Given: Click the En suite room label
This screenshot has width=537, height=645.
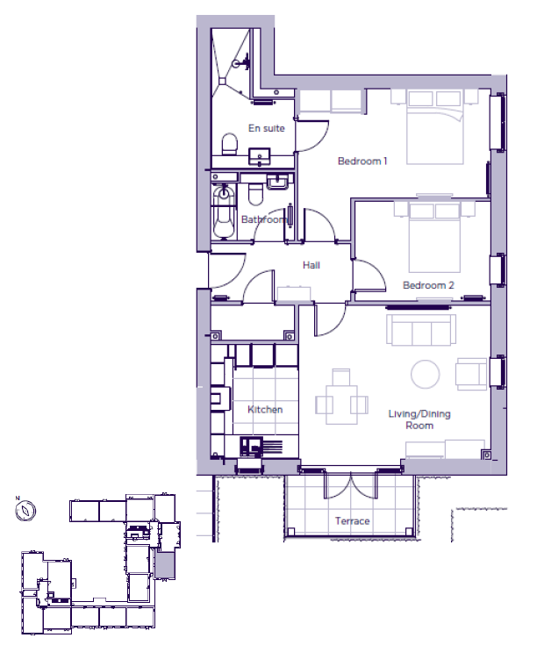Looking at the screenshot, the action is (x=267, y=128).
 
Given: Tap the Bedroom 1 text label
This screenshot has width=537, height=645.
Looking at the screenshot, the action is (x=362, y=161).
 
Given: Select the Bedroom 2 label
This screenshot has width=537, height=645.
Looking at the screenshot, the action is (x=428, y=285).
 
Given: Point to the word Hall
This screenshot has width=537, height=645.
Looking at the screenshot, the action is (x=311, y=265).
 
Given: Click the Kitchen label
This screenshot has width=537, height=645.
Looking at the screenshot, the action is (x=265, y=409).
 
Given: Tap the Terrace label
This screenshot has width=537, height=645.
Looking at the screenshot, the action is (x=353, y=521).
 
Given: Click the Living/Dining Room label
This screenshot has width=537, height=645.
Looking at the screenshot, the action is (x=419, y=419).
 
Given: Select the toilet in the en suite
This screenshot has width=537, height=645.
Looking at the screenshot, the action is (x=230, y=144).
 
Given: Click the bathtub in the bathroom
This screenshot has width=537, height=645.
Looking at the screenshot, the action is (x=224, y=212).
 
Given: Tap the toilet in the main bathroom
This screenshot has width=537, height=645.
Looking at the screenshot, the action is (x=255, y=194).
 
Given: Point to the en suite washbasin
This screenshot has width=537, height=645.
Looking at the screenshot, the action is (x=260, y=157).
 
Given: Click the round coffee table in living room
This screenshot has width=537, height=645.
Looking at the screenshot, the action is (x=426, y=375).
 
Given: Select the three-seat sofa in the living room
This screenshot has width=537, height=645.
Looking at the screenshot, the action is (x=421, y=330).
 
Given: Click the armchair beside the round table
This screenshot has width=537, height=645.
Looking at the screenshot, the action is (x=471, y=374).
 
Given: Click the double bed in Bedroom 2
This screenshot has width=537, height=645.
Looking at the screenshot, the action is (x=434, y=238).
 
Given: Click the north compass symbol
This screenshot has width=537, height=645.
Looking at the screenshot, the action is (x=25, y=511).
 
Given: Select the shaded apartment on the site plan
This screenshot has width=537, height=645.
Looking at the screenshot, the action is (x=165, y=565).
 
